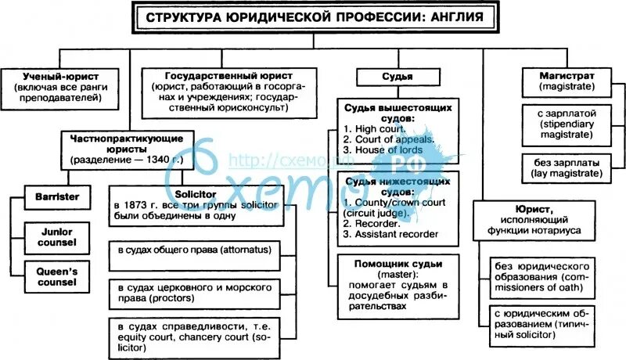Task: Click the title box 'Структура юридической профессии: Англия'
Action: point(312,16)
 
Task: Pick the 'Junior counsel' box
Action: point(57,236)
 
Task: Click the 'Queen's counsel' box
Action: point(57,275)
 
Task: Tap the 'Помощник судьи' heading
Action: point(387,262)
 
